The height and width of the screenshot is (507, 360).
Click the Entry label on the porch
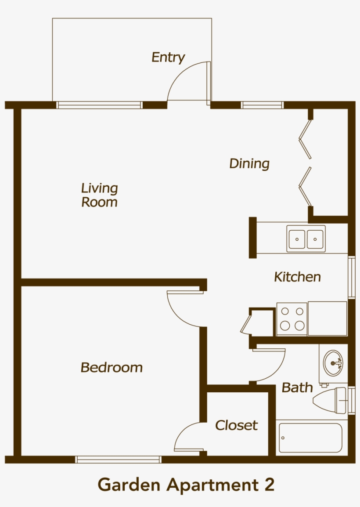[x=168, y=58]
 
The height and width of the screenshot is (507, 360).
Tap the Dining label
[x=249, y=163]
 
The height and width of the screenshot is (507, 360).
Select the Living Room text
[x=100, y=195]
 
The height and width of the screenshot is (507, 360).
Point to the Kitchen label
[x=297, y=277]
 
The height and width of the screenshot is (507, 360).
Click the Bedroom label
[x=112, y=367]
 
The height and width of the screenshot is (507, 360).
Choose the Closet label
[x=236, y=425]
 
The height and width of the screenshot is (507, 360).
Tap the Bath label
[x=297, y=387]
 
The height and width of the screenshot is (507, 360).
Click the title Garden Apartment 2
[x=186, y=485]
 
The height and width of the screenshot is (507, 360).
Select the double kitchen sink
[x=306, y=239]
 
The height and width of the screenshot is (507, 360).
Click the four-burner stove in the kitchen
[x=292, y=319]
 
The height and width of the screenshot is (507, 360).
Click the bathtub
[x=310, y=438]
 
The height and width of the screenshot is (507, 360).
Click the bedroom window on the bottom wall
[x=118, y=460]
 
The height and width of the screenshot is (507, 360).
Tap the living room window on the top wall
[x=100, y=105]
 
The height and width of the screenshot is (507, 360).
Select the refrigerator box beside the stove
[x=328, y=319]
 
